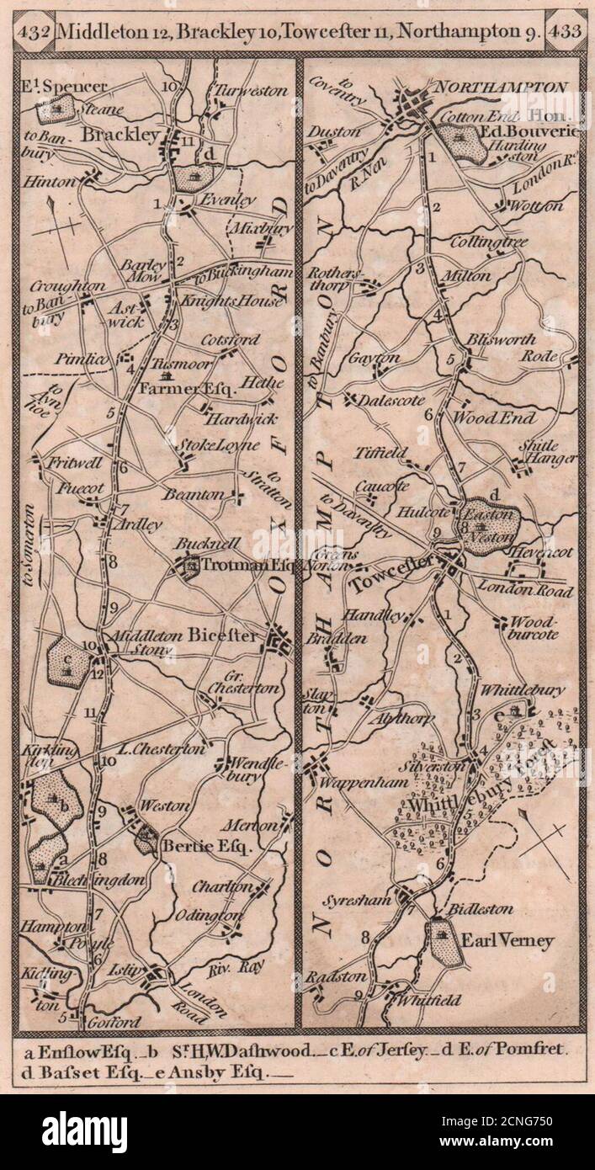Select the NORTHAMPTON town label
point(500,86)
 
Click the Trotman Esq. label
point(236,566)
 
